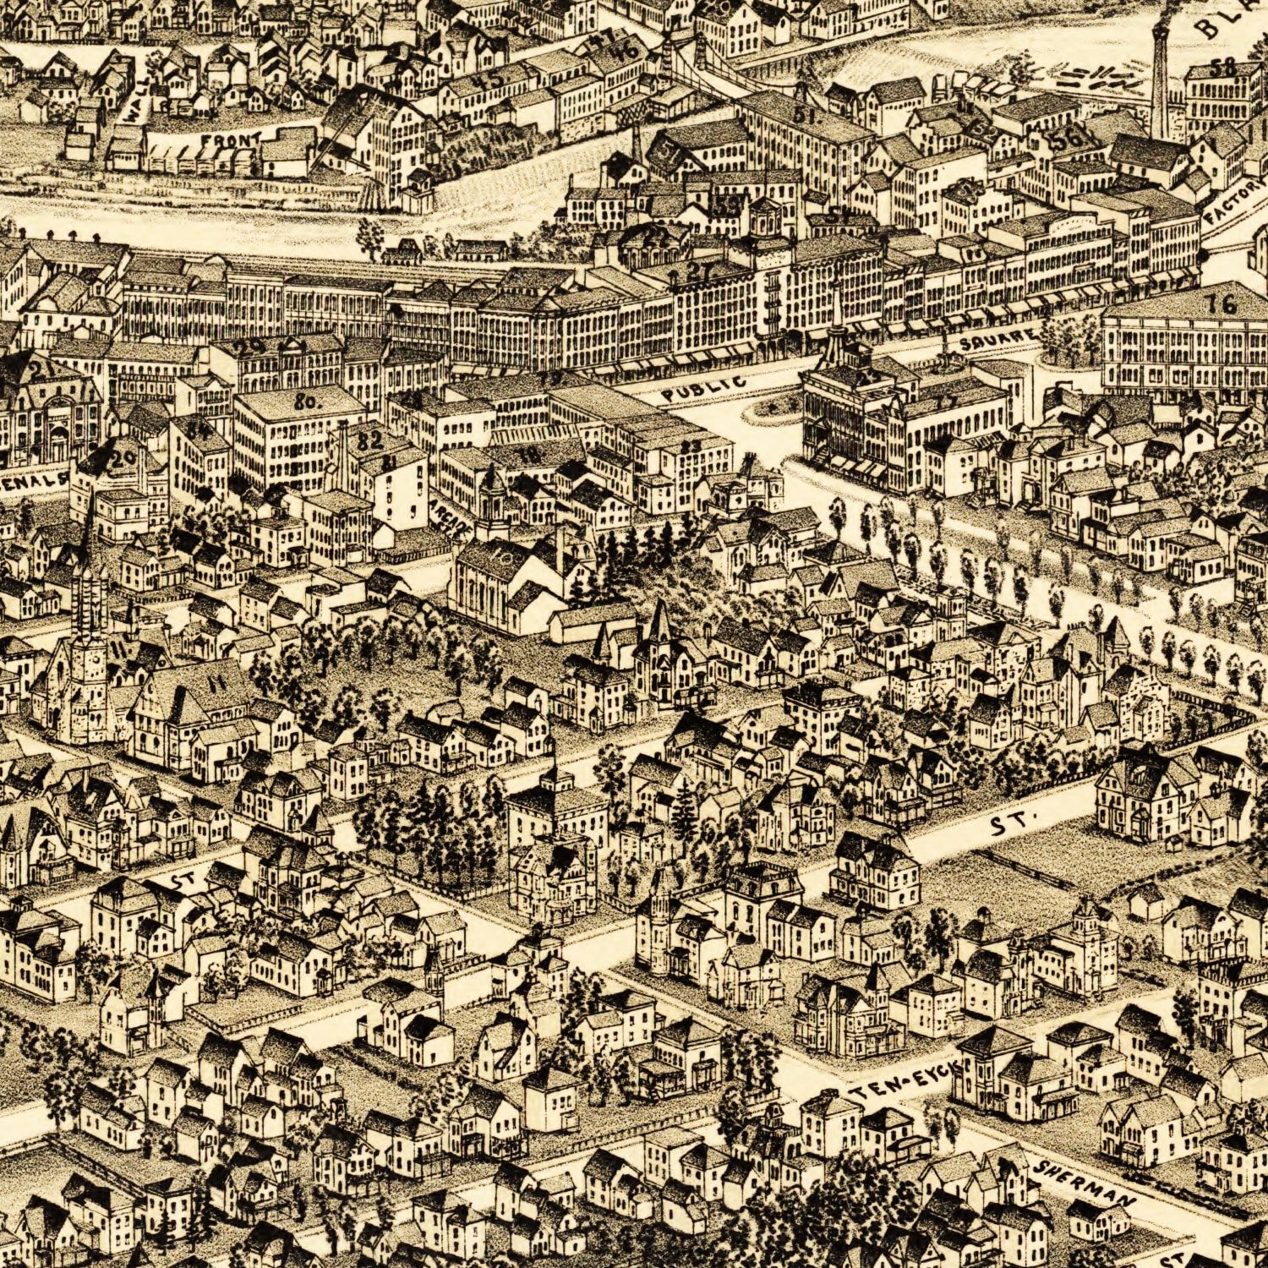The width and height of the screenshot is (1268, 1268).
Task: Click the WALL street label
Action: click(136, 99)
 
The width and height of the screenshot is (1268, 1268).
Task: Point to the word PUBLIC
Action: click(704, 387)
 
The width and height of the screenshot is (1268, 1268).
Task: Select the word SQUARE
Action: click(997, 338)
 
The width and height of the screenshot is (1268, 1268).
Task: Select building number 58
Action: click(1222, 66)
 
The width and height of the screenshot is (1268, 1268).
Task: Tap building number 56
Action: click(1067, 140)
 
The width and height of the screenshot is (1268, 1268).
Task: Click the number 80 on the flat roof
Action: click(305, 402)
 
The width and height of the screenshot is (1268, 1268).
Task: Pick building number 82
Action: click(370, 440)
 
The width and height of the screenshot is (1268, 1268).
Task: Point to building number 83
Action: click(691, 445)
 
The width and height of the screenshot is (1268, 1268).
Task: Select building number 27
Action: click(698, 271)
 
